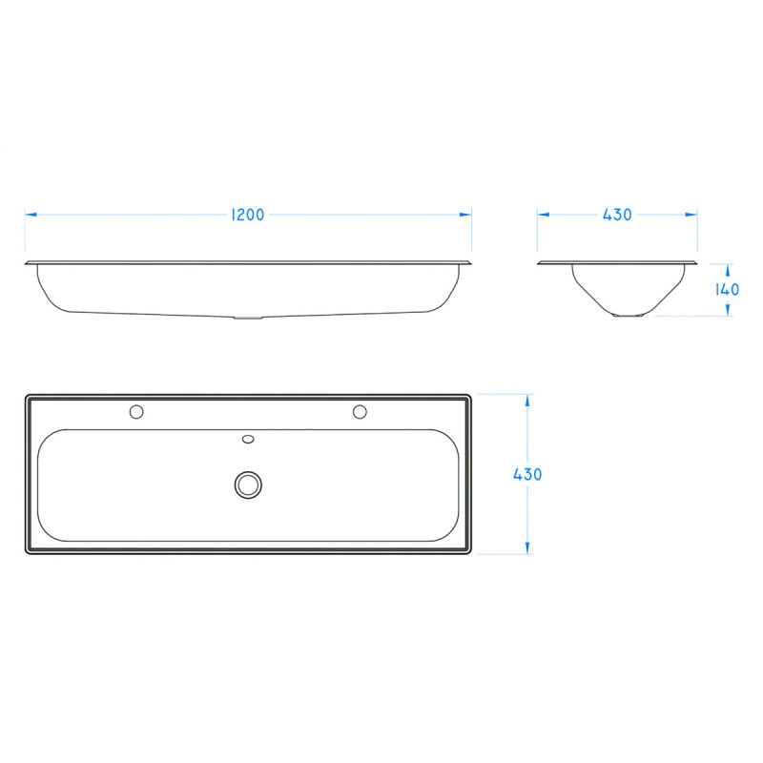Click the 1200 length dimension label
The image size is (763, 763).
point(248,215)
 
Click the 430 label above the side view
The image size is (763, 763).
point(617,215)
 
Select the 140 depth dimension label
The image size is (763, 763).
point(728,289)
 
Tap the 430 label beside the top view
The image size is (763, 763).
point(527,474)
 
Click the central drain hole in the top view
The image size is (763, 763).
point(249,485)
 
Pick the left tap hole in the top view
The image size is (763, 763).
point(136,412)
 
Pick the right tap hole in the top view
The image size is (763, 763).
point(360,412)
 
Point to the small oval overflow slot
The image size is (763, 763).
point(249,440)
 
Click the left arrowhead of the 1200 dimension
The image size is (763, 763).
point(30,215)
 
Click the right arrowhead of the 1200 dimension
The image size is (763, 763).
point(467,215)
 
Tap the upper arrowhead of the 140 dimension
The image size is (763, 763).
point(728,268)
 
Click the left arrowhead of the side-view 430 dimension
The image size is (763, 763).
point(542,215)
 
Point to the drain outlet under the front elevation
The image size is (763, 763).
point(247,318)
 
